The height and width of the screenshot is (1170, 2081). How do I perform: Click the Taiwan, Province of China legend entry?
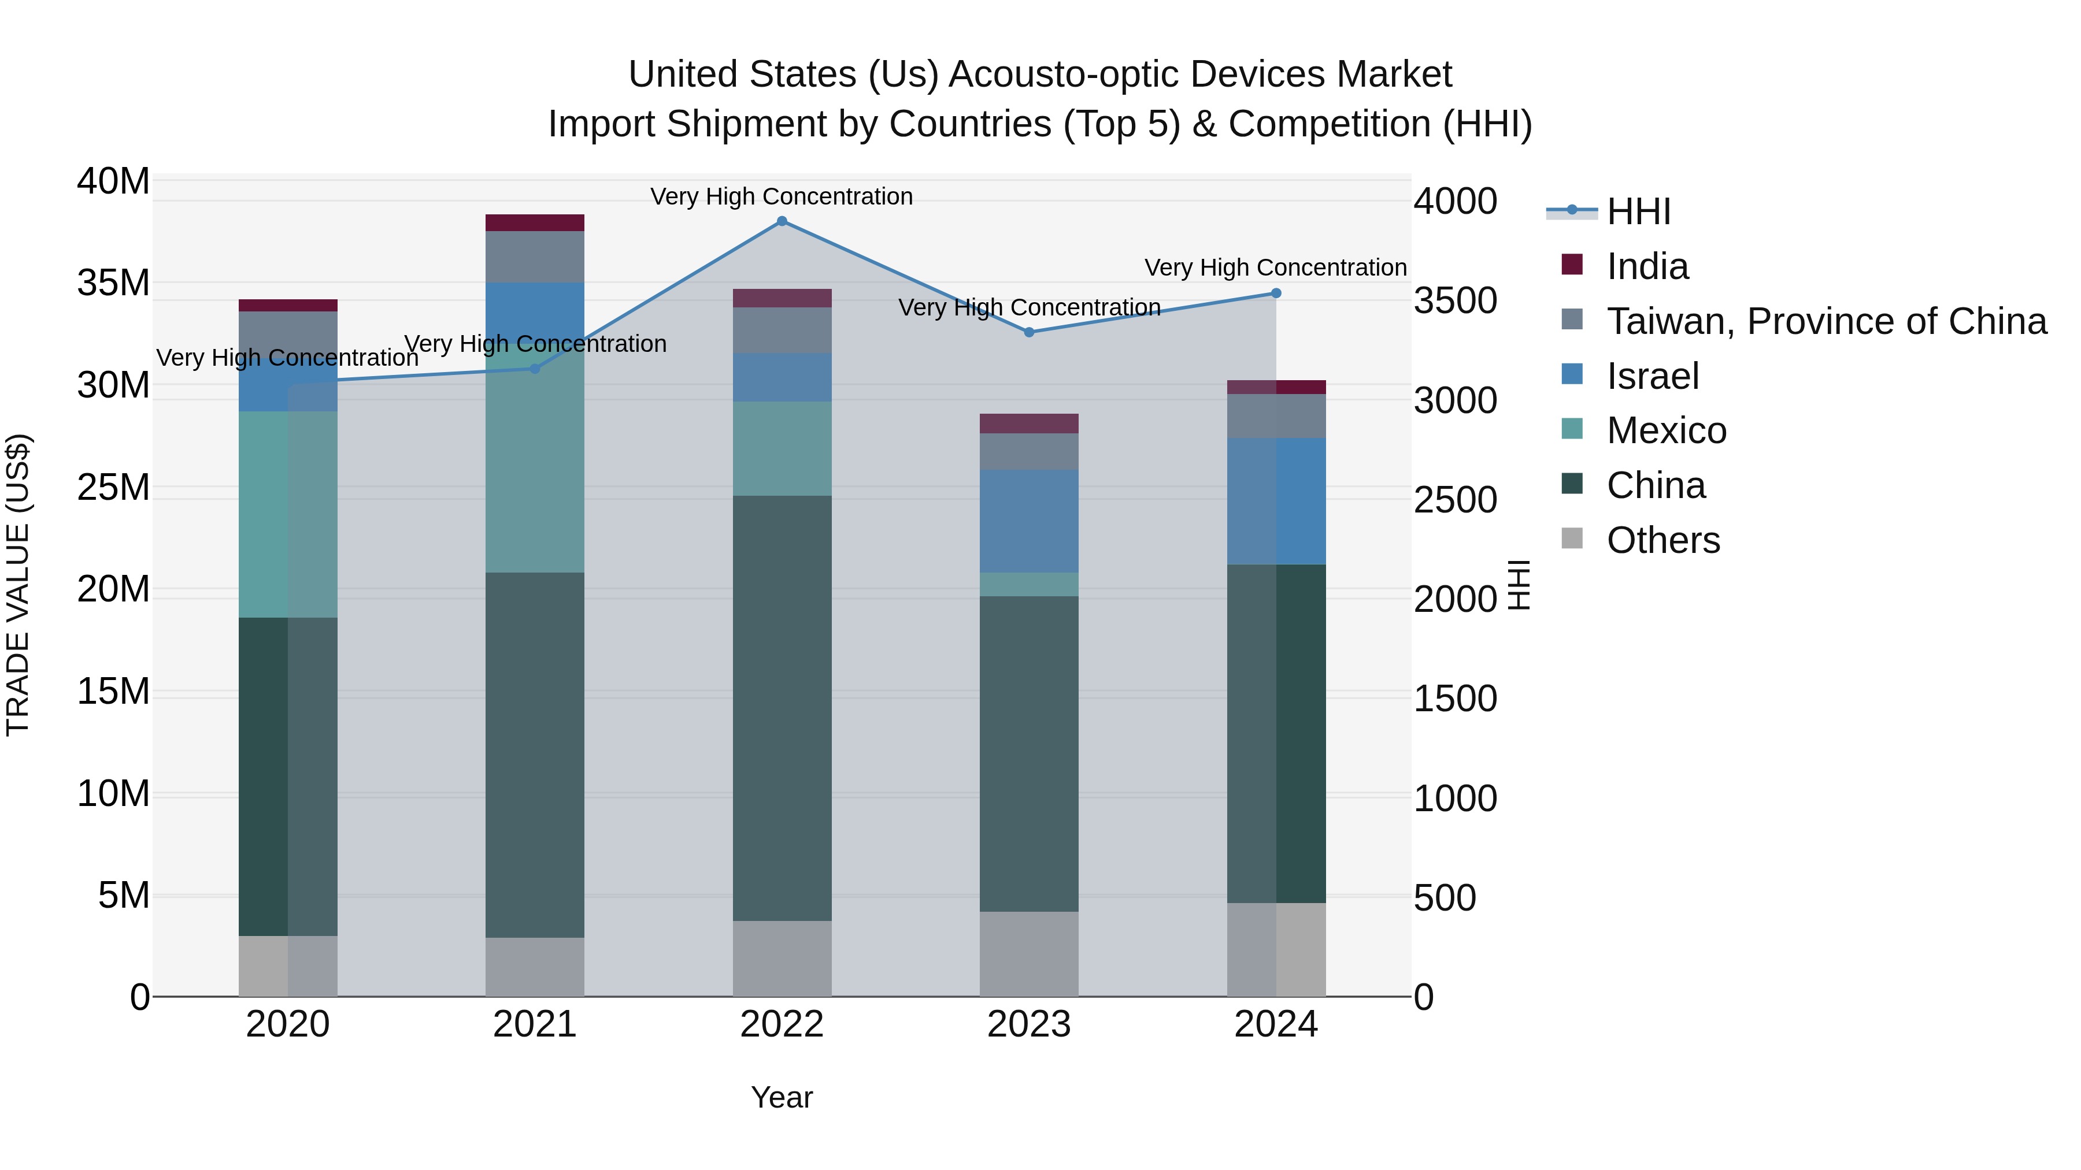[x=1825, y=321]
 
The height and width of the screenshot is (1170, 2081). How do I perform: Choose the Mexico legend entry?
[x=1666, y=430]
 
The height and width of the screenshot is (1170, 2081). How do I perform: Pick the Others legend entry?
[x=1662, y=540]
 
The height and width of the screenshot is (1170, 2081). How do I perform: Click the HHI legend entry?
[x=1638, y=211]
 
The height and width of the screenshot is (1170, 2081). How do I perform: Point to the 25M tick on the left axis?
[x=113, y=487]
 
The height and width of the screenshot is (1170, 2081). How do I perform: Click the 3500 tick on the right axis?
[x=1455, y=300]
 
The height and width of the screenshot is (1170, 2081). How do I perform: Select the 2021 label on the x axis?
[x=534, y=1024]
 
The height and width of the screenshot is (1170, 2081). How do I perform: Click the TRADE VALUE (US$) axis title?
[x=18, y=585]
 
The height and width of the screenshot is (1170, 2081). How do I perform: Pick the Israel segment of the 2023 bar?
[x=1028, y=521]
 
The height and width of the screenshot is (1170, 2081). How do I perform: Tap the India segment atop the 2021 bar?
[x=534, y=223]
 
